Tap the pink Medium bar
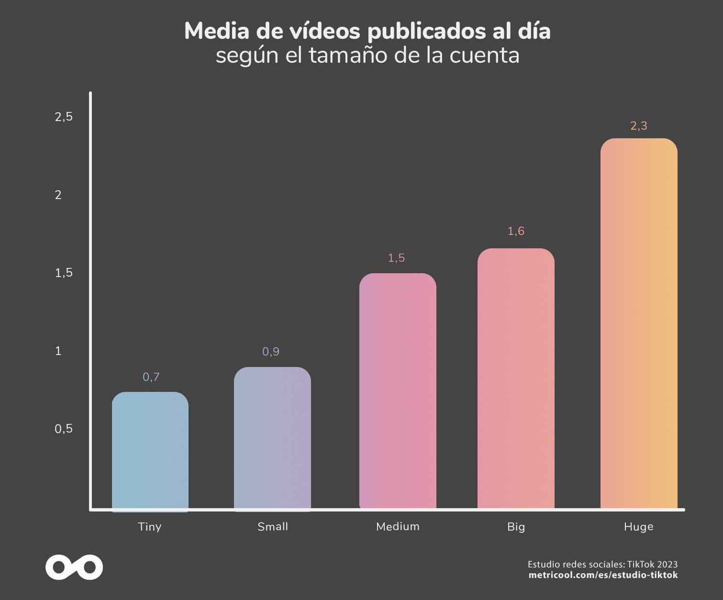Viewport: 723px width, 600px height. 398,391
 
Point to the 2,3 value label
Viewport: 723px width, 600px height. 639,126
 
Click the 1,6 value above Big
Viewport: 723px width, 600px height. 516,231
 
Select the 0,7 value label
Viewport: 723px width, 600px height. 151,377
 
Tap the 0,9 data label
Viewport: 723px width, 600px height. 271,352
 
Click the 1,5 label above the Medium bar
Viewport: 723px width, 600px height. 396,258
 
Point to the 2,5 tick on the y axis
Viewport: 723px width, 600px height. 64,116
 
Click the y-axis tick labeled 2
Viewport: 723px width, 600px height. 58,195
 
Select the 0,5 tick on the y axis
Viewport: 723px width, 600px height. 64,429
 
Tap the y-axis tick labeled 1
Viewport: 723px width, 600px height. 58,351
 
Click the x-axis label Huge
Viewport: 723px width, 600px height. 638,527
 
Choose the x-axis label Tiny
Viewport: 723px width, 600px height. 150,527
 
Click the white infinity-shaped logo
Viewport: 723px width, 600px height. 74,567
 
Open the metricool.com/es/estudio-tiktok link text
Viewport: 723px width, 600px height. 603,575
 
